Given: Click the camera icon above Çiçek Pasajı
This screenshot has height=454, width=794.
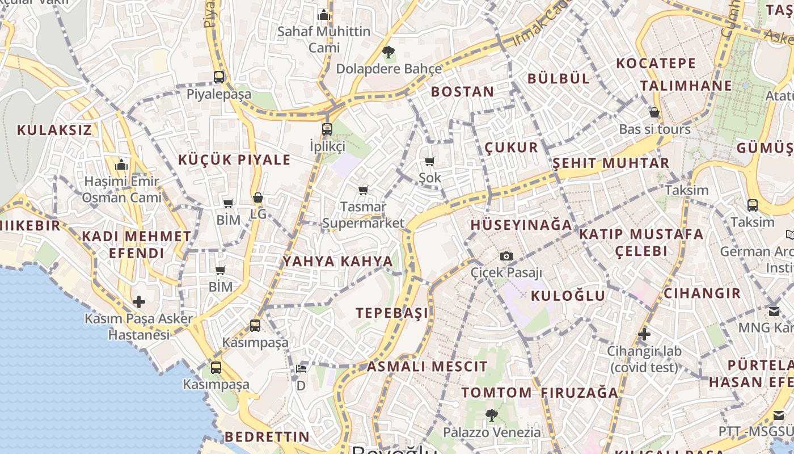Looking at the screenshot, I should [506, 257].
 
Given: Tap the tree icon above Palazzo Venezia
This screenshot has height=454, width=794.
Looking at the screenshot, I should [491, 415].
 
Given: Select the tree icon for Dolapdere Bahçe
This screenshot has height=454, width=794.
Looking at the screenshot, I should [388, 52].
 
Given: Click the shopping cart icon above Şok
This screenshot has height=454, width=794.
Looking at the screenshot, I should [429, 162].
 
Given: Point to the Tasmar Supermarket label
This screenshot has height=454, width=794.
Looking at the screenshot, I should [363, 215].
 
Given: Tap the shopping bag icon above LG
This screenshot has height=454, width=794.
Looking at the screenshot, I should [258, 197].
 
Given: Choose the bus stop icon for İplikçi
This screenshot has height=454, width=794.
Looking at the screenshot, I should [327, 129].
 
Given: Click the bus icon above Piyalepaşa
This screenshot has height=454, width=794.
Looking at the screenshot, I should [219, 77].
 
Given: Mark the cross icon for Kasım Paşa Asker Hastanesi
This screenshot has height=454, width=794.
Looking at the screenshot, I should [139, 302].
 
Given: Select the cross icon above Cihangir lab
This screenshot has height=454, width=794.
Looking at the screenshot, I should [644, 334].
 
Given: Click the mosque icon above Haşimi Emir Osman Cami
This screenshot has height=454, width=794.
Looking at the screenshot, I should [121, 165].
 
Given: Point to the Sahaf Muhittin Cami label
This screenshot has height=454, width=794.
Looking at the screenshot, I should [324, 40].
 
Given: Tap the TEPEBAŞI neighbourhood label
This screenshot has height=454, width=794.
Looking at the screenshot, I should [392, 313].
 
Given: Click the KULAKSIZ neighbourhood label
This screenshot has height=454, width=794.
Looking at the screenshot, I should [54, 130].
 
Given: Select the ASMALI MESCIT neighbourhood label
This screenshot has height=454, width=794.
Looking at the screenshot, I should [427, 367].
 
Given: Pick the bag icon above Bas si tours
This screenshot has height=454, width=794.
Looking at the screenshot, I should [654, 112].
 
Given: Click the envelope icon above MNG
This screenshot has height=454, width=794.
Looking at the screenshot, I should [774, 311].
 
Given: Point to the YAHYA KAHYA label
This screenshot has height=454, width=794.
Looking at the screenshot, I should [337, 262].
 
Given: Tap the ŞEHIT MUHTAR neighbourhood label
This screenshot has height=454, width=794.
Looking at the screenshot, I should [611, 163].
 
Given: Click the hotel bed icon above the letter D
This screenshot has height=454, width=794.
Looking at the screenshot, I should [301, 369].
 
